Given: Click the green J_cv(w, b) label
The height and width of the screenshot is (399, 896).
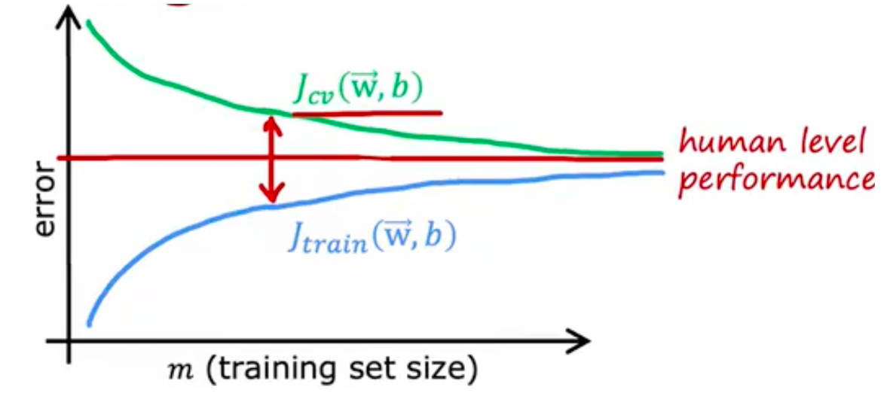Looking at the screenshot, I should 359,90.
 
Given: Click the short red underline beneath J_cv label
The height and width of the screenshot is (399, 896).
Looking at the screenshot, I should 366,113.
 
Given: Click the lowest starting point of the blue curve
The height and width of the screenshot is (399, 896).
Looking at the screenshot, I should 90,324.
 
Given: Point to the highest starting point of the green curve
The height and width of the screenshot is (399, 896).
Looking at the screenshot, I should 89,22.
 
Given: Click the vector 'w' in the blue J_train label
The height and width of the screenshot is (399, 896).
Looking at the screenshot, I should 396,236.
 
